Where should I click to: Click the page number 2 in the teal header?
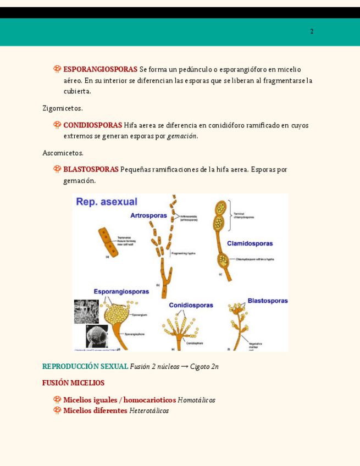(312, 32)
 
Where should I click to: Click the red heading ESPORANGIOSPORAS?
(100, 70)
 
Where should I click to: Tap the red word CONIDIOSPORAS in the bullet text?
(92, 125)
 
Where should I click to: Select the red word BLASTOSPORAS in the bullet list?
(91, 169)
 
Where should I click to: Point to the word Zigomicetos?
(63, 108)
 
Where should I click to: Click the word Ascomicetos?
(63, 153)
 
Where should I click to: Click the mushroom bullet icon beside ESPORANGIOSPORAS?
(57, 69)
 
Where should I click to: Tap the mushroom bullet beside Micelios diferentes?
(57, 410)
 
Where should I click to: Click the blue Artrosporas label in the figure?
(148, 215)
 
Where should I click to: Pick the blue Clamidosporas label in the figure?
(250, 243)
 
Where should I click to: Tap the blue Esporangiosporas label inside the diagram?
(121, 291)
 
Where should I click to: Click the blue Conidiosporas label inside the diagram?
(191, 305)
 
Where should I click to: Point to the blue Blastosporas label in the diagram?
(267, 301)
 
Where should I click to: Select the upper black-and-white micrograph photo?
(86, 311)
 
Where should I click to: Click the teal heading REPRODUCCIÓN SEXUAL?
(85, 367)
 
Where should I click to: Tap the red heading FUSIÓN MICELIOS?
(73, 383)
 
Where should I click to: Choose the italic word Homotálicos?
(196, 400)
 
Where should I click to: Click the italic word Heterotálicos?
(149, 410)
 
